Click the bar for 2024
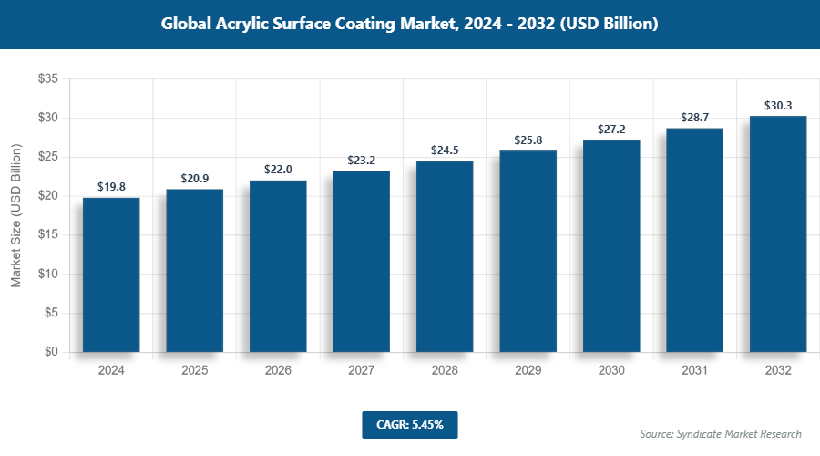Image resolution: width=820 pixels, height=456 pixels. (x=111, y=275)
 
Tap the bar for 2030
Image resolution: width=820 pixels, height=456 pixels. (x=611, y=246)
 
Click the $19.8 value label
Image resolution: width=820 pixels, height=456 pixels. (x=111, y=187)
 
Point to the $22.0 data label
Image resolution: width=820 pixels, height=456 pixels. (x=278, y=170)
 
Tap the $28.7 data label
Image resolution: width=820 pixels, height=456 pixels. (x=694, y=118)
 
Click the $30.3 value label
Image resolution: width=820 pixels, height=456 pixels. (x=778, y=105)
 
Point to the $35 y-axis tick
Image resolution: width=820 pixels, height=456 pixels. (x=46, y=79)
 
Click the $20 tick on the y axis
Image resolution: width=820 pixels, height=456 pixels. (x=46, y=196)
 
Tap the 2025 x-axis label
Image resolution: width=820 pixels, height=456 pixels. (x=194, y=371)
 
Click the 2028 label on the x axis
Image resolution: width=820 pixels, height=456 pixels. (x=445, y=371)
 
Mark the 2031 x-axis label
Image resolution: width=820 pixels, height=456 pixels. (x=694, y=371)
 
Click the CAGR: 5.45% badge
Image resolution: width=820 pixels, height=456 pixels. (x=409, y=425)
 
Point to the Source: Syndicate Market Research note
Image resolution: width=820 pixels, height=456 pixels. (x=720, y=433)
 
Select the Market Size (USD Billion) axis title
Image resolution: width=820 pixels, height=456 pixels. (x=15, y=215)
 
